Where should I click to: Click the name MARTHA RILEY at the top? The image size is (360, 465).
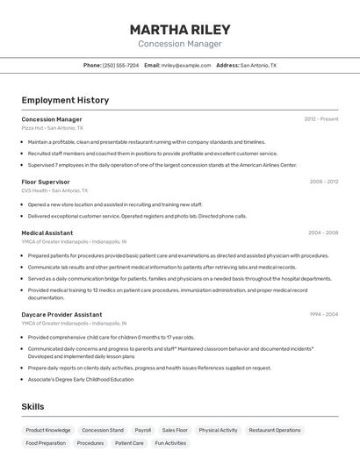click(179, 29)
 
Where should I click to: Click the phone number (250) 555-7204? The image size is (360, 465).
click(120, 65)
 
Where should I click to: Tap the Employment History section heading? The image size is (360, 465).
click(65, 100)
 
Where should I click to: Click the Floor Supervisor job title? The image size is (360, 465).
click(46, 182)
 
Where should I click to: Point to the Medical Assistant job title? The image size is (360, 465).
click(47, 232)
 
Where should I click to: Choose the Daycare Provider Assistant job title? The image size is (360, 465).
click(61, 314)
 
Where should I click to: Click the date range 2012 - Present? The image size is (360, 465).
click(320, 119)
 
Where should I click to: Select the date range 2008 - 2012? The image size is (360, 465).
click(323, 182)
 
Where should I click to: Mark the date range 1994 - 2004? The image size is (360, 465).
click(323, 314)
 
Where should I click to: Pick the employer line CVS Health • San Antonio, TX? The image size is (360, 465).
click(54, 190)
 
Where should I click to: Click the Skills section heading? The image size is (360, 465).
click(33, 406)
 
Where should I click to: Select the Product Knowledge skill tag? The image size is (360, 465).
click(48, 431)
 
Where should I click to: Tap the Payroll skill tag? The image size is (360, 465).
click(142, 431)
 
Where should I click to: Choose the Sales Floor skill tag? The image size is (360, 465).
click(175, 431)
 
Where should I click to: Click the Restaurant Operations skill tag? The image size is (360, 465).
click(275, 431)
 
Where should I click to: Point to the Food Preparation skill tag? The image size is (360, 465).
click(46, 444)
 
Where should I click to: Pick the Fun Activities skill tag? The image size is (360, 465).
click(170, 444)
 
